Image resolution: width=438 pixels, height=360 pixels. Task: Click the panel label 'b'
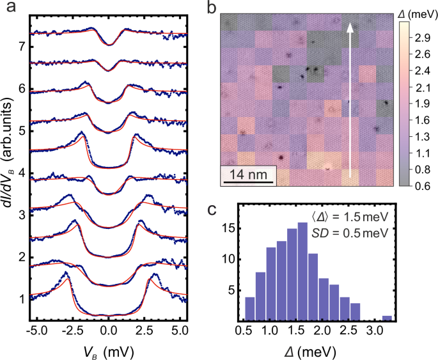pos(212,8)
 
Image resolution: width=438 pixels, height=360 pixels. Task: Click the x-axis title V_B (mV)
pos(108,350)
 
